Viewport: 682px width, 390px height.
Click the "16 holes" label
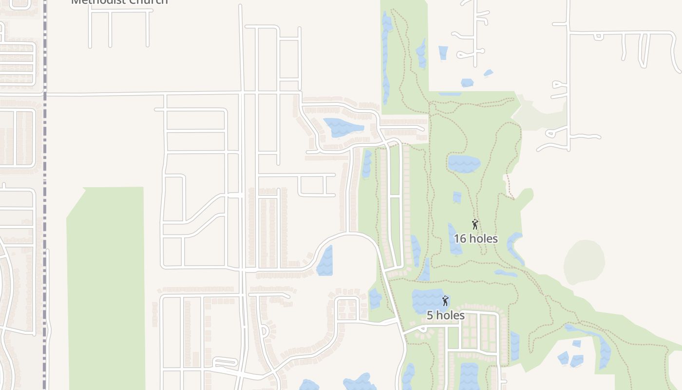(x=475, y=239)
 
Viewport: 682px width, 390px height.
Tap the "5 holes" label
(x=445, y=315)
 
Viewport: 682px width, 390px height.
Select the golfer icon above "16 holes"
(x=475, y=225)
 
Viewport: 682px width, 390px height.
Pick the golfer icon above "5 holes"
(x=445, y=301)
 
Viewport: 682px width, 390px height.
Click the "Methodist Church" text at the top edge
(x=119, y=2)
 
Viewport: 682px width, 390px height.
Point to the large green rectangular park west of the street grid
(x=106, y=288)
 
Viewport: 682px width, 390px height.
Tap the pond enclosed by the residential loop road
(x=343, y=127)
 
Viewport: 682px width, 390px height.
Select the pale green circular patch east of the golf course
(x=584, y=262)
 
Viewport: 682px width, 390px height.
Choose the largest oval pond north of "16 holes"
(x=464, y=164)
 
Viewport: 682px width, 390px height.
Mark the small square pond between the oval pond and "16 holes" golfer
(x=457, y=197)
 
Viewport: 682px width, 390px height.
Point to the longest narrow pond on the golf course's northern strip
(x=386, y=58)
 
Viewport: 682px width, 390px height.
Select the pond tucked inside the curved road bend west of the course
(x=325, y=261)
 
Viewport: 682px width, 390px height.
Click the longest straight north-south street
(x=242, y=195)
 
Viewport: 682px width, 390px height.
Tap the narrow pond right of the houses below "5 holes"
(x=515, y=346)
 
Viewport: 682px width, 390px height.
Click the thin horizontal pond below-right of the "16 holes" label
(x=505, y=273)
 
